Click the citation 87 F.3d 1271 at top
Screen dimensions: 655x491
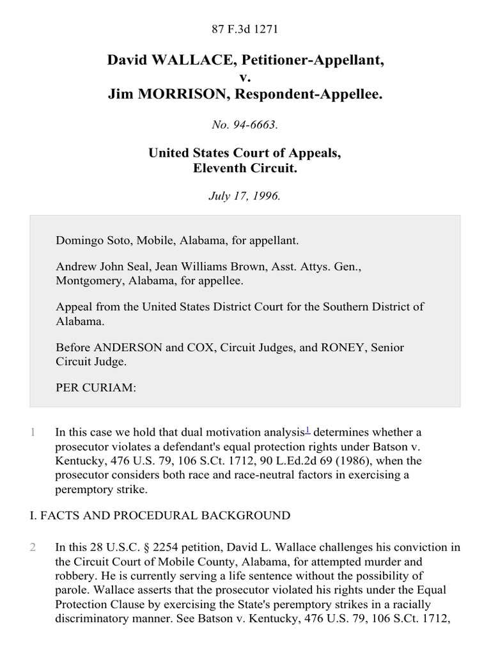tap(245, 29)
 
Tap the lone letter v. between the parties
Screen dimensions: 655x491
tap(245, 77)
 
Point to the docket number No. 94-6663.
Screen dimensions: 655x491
tap(245, 125)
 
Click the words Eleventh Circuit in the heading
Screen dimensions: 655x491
tap(245, 169)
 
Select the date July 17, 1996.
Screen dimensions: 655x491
tap(245, 196)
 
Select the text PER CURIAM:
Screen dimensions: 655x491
tap(96, 388)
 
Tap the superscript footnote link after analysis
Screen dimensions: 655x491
tap(308, 430)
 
